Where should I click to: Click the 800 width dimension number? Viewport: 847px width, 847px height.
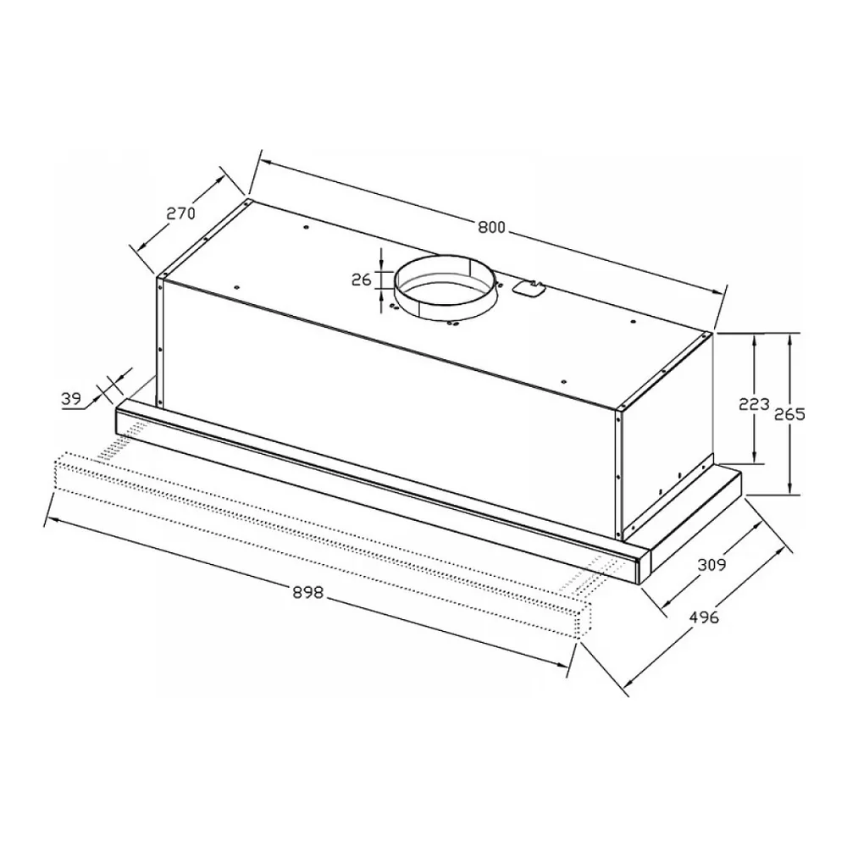(x=491, y=227)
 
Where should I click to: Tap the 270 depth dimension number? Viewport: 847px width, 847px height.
(x=181, y=214)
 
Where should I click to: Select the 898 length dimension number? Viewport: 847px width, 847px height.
(x=308, y=593)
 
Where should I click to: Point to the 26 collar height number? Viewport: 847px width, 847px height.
(x=362, y=280)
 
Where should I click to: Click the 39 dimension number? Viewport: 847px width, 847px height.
(x=71, y=399)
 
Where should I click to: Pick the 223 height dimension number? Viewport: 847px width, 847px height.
(x=754, y=403)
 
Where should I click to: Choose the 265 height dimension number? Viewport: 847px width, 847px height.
(x=789, y=414)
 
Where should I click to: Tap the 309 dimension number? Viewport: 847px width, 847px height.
(x=712, y=565)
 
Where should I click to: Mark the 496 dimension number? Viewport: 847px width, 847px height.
(x=704, y=617)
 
